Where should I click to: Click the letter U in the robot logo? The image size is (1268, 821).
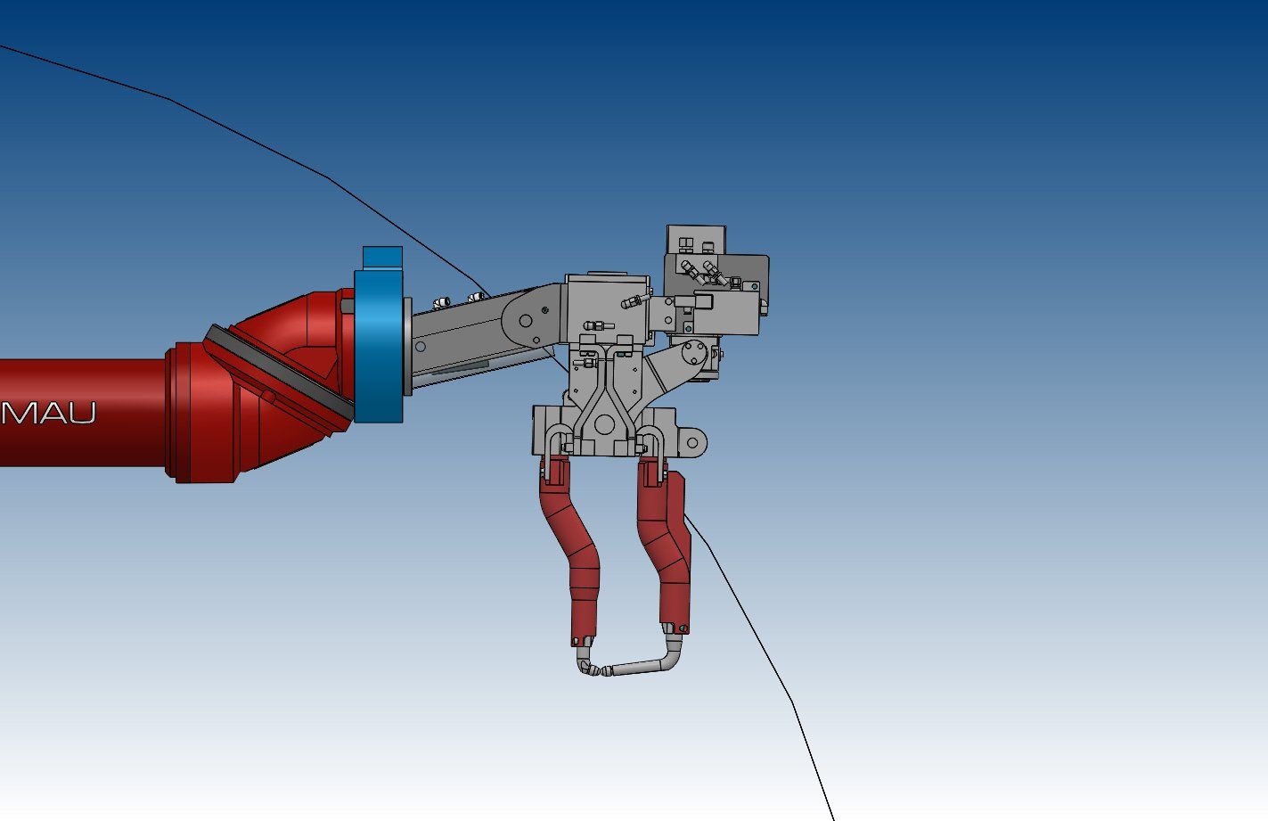[x=82, y=414]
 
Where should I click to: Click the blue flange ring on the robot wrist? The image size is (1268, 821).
[x=378, y=346]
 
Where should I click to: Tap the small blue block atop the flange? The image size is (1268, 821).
[x=382, y=258]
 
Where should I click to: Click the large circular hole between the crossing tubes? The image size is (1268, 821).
[x=604, y=424]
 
